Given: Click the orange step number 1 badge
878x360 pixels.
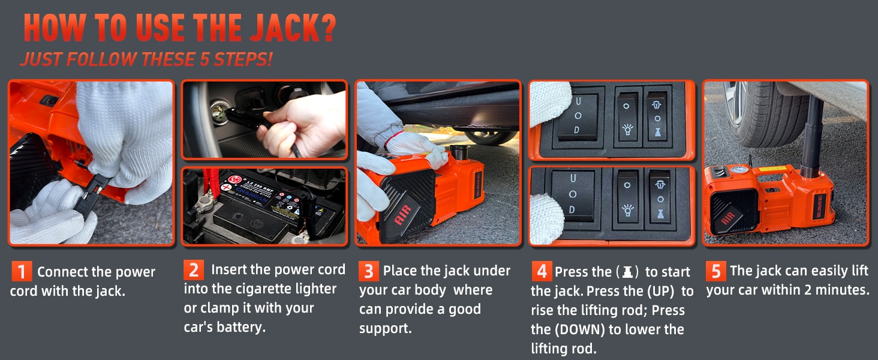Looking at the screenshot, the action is (22, 271).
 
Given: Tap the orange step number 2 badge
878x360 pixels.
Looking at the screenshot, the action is (194, 270).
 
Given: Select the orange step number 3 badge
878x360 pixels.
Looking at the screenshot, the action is (369, 271).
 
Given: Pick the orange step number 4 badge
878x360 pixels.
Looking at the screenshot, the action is (542, 271).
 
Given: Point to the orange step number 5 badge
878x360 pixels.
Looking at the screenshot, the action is (716, 271).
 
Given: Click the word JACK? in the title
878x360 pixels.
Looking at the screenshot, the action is (293, 28).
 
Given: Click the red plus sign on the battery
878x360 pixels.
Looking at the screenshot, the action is (226, 187).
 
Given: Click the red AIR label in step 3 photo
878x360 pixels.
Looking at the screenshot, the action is (403, 214).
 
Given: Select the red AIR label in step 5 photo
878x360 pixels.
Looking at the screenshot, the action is (728, 218).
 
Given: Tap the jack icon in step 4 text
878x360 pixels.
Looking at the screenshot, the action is (627, 271).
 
